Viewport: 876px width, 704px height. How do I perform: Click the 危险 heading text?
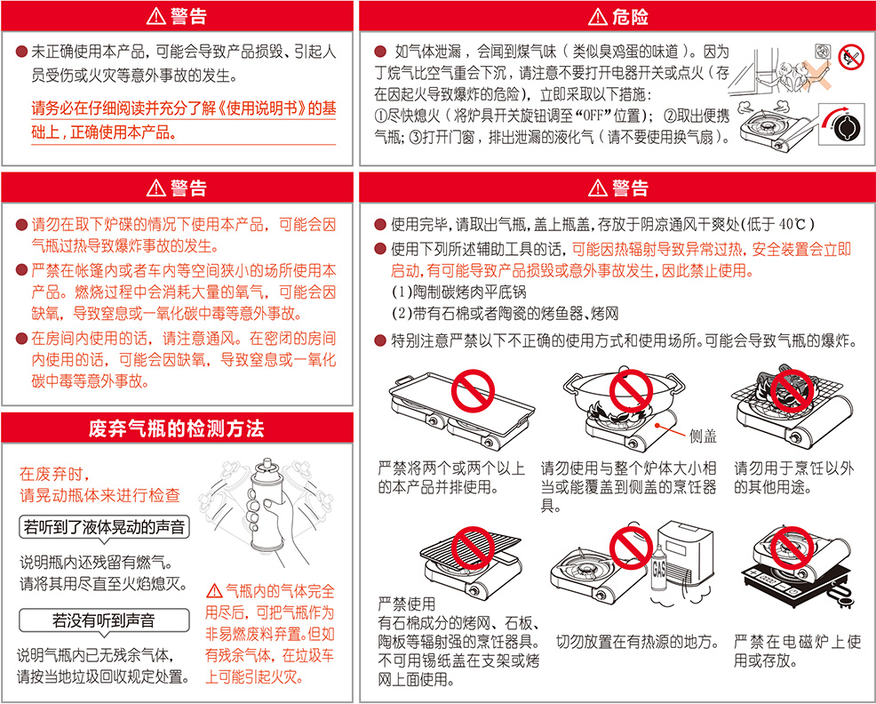[630, 17]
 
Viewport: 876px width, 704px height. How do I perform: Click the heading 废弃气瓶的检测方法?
[177, 428]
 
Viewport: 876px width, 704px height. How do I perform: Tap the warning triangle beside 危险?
[598, 18]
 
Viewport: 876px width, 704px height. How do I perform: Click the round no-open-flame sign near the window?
[851, 58]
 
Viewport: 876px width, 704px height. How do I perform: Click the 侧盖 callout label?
[703, 436]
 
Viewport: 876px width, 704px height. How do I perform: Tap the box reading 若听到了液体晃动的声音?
[104, 527]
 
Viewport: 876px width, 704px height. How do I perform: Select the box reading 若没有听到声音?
[104, 620]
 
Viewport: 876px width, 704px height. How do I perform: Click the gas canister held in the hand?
[267, 506]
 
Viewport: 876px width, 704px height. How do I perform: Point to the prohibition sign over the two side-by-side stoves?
[473, 391]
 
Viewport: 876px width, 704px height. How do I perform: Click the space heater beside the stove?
[687, 559]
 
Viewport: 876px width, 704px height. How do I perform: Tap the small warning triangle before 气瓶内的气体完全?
[214, 590]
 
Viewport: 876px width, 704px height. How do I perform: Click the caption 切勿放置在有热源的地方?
[637, 642]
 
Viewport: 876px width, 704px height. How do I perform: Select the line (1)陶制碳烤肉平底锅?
[458, 292]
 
